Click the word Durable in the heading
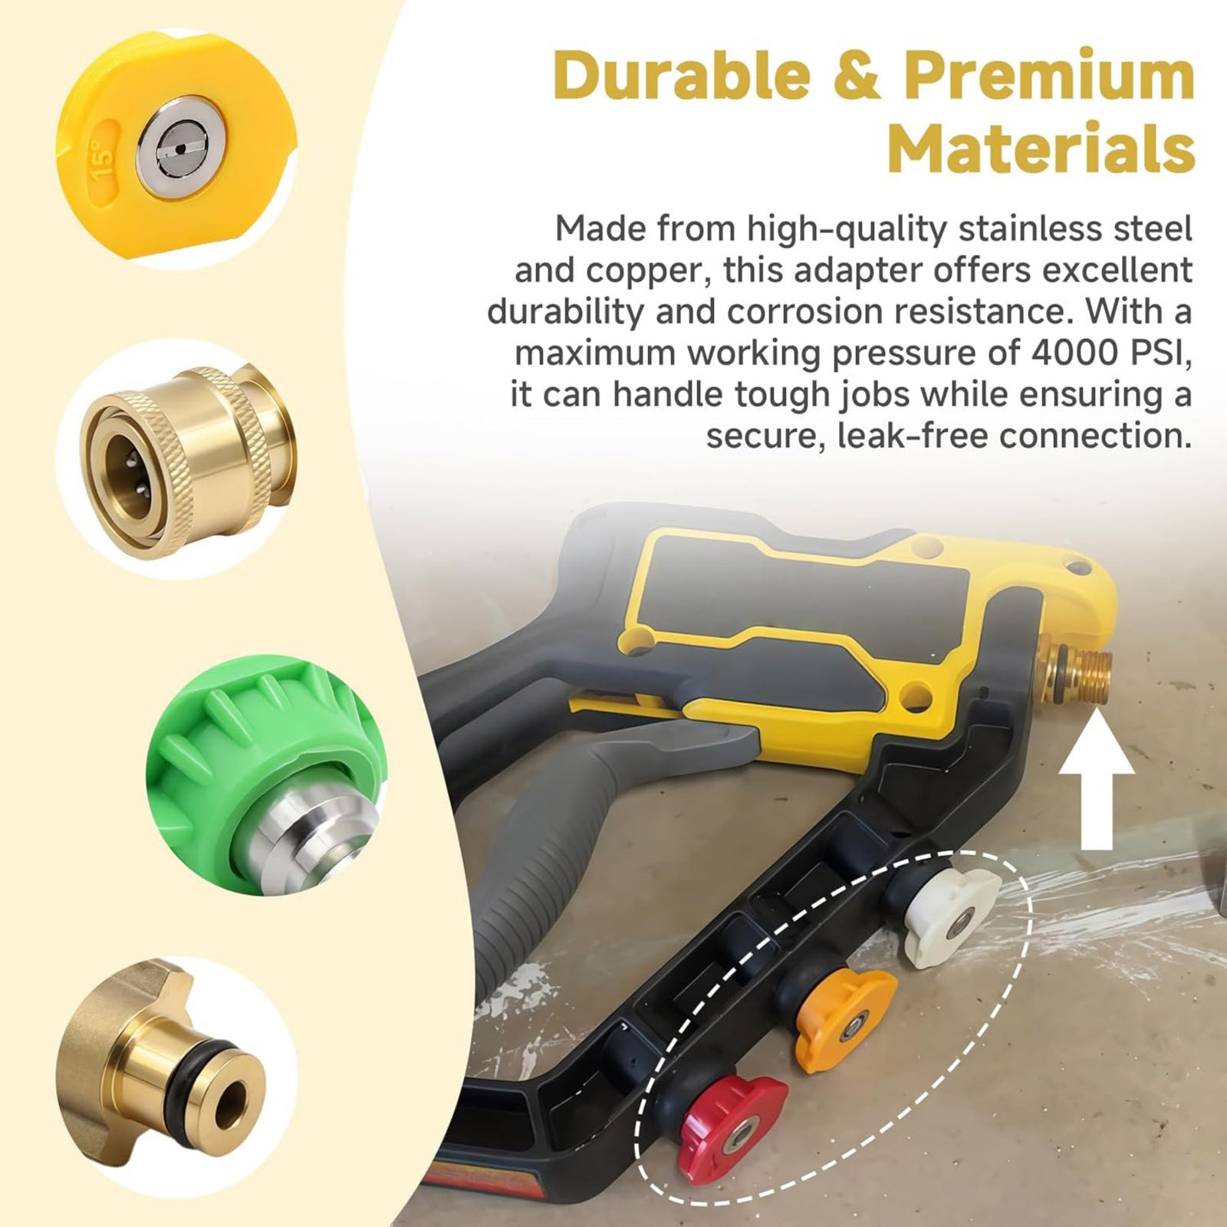tap(681, 74)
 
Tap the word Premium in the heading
tap(1050, 74)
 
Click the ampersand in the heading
tap(857, 75)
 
